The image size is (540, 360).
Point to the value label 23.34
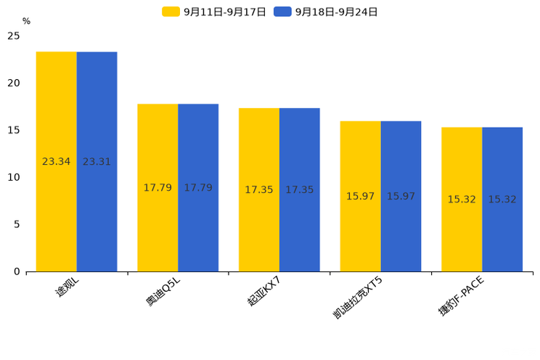56,162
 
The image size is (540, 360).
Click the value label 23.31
97,162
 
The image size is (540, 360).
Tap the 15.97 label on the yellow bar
360,197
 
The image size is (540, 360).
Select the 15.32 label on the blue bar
502,200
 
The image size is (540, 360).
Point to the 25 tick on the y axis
14,36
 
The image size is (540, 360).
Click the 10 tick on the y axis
14,177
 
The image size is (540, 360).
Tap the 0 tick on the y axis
17,271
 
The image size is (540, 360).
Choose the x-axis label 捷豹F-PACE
460,296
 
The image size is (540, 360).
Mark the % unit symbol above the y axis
26,21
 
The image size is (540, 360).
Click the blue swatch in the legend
282,12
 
